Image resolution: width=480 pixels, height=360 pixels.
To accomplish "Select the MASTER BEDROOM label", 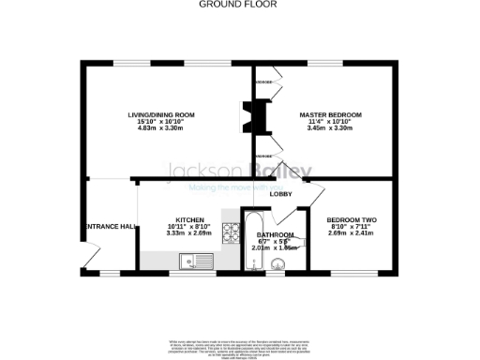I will (x=330, y=114).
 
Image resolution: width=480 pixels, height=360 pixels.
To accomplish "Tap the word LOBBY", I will (x=282, y=194).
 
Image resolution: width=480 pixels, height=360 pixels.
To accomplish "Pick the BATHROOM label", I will (x=277, y=234).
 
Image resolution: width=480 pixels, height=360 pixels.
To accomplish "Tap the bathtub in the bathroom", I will (x=252, y=243).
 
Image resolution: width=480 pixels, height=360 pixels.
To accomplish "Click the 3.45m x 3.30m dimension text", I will (x=330, y=127).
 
